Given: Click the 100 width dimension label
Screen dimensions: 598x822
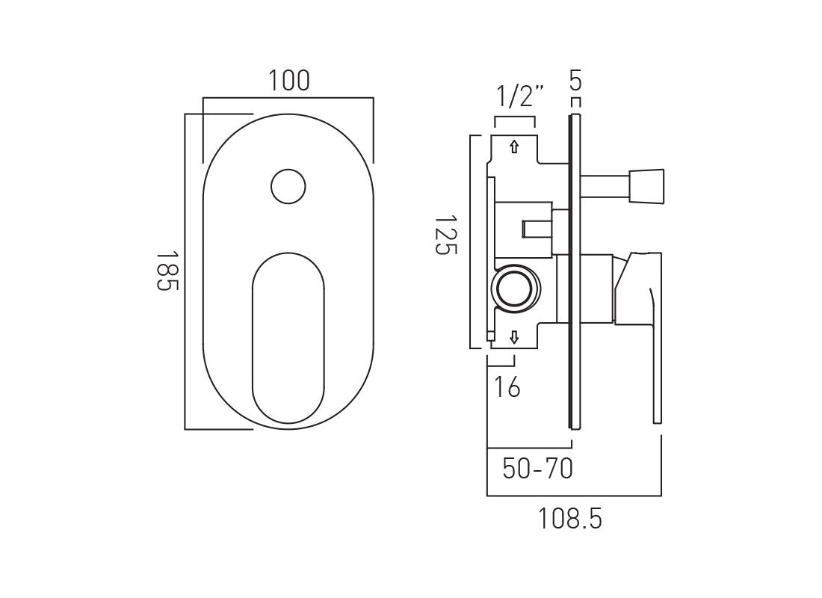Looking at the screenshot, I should [289, 80].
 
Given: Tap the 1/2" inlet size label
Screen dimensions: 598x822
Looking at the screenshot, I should [520, 96].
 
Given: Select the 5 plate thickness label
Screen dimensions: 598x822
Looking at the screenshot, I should [575, 79].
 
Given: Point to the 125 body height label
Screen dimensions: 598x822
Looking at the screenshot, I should [445, 235].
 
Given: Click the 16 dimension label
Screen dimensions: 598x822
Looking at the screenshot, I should [507, 387].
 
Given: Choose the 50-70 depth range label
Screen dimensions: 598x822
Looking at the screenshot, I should [537, 469].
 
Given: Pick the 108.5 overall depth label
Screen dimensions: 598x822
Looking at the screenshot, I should [569, 518].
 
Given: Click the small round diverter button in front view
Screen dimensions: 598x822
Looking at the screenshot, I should [288, 186].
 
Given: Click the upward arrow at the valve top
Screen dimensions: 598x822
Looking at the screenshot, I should [514, 147].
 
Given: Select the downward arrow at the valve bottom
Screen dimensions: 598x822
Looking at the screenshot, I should [514, 339].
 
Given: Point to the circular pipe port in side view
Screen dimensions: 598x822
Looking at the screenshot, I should [514, 288].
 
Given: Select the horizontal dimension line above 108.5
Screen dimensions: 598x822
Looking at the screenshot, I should [574, 496].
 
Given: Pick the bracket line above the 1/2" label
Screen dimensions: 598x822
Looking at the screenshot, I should [514, 117].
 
